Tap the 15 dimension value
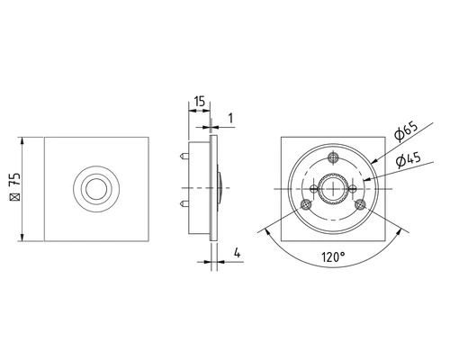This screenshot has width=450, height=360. [199, 102]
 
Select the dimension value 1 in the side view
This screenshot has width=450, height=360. [230, 119]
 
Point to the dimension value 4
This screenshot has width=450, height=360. [238, 253]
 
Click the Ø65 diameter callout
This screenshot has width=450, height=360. [406, 132]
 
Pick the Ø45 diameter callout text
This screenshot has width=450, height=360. [409, 160]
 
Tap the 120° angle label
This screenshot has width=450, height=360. [333, 257]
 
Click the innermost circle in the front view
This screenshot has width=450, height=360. [96, 189]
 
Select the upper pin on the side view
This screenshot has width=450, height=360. [184, 156]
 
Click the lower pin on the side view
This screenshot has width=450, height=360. [184, 204]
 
